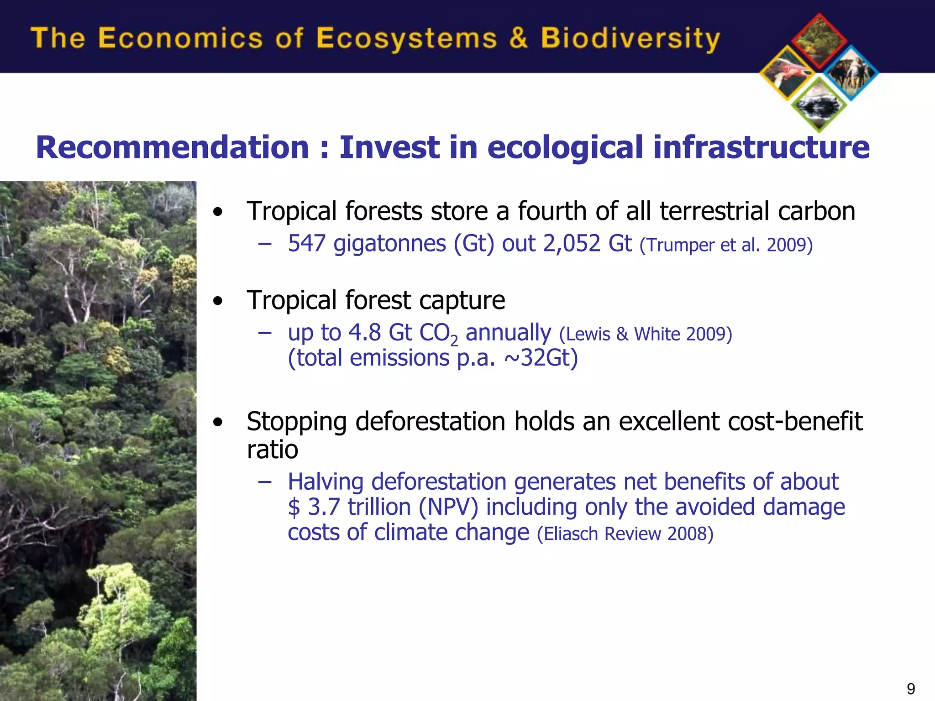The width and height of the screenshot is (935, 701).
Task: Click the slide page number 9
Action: (x=910, y=689)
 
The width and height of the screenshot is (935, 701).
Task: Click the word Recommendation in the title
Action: (x=173, y=147)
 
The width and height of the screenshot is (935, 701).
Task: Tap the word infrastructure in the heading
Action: (x=761, y=147)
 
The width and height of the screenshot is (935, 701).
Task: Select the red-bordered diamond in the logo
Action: (x=819, y=41)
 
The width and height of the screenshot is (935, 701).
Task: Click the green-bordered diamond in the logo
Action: (x=819, y=105)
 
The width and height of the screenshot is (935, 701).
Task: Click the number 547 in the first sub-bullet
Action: (x=306, y=243)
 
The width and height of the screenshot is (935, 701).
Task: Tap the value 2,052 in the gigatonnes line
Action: (x=571, y=243)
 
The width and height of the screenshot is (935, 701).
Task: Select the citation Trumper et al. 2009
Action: (x=726, y=245)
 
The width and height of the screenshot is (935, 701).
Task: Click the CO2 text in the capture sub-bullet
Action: (x=438, y=333)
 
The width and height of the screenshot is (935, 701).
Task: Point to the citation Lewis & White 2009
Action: (x=646, y=334)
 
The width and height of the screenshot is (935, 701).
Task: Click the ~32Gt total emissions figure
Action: (x=541, y=358)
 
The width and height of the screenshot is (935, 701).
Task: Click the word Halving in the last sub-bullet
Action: (x=326, y=482)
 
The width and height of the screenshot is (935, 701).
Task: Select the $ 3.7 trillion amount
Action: (x=349, y=507)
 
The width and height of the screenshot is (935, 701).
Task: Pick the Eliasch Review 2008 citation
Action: (x=625, y=534)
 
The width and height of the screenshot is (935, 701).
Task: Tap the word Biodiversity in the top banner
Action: (x=630, y=38)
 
